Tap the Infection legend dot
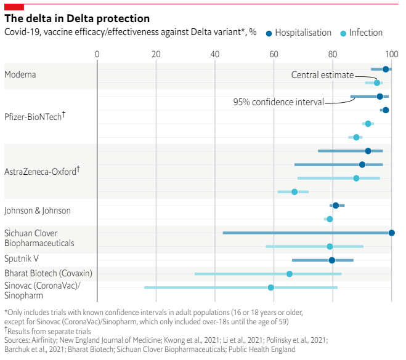pos(344,33)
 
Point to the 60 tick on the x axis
pos(274,54)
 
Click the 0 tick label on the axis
pos(97,54)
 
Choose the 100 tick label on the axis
pos(390,54)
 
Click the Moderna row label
pos(20,74)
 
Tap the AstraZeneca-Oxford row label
pos(41,170)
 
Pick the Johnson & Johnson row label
pos(38,210)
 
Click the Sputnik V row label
pos(22,258)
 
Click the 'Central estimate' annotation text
pos(322,75)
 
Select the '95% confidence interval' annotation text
pos(278,102)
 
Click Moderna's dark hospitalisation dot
pos(386,70)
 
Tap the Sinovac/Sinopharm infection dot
pos(270,287)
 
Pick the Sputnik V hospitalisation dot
pos(332,260)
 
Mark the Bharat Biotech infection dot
pos(289,273)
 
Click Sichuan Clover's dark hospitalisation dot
pos(392,233)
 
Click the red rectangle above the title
pos(14,6)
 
